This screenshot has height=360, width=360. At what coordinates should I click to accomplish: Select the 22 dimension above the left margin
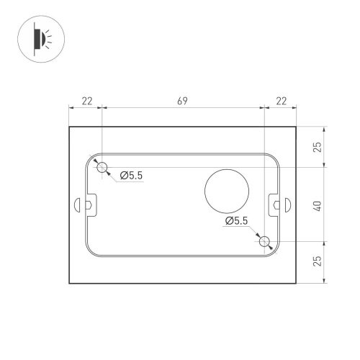pyautogui.click(x=86, y=102)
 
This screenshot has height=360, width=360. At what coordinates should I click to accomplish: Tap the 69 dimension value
pyautogui.click(x=183, y=102)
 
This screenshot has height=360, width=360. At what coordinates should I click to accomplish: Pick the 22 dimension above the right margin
pyautogui.click(x=280, y=102)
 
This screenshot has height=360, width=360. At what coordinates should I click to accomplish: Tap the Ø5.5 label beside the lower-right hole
pyautogui.click(x=237, y=221)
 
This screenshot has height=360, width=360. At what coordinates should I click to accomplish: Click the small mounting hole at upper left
pyautogui.click(x=103, y=167)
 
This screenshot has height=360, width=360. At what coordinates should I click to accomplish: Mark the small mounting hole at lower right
pyautogui.click(x=265, y=241)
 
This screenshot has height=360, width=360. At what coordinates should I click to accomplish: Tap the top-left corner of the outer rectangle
pyautogui.click(x=69, y=127)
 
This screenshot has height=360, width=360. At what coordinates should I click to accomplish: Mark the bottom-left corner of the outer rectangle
pyautogui.click(x=69, y=283)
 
